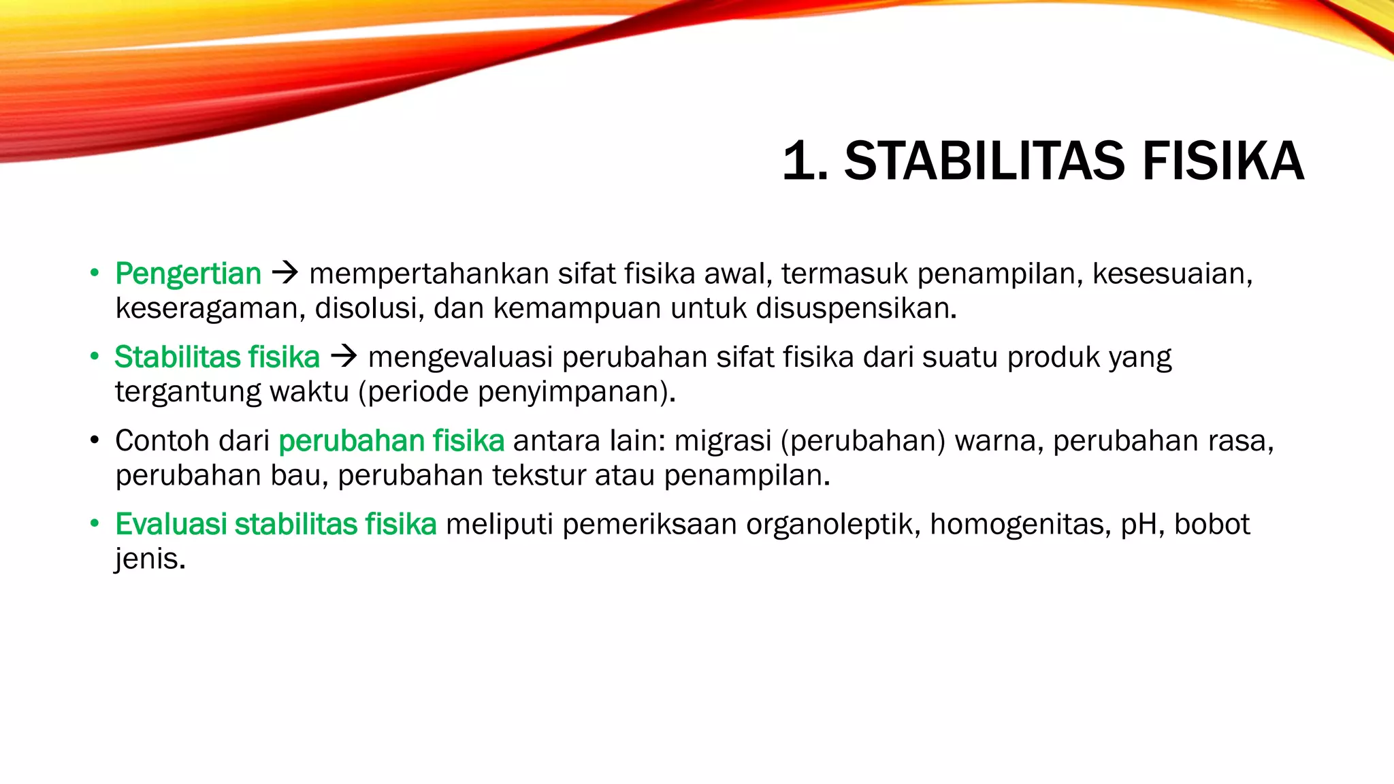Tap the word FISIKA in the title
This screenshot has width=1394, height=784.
point(1223,161)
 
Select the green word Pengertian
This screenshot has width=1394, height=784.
point(188,274)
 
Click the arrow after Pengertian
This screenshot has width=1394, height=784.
point(285,274)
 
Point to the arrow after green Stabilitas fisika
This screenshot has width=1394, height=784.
point(344,357)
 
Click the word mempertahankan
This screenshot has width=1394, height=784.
point(429,274)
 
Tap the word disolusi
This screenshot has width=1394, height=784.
point(369,308)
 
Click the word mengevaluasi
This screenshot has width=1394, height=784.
point(461,357)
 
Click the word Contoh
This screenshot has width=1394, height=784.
point(157,440)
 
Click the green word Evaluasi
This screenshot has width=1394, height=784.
point(171,524)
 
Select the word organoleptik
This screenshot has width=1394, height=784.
point(833,525)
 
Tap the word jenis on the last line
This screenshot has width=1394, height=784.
point(149,559)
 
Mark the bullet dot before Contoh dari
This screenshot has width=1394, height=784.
point(95,440)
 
